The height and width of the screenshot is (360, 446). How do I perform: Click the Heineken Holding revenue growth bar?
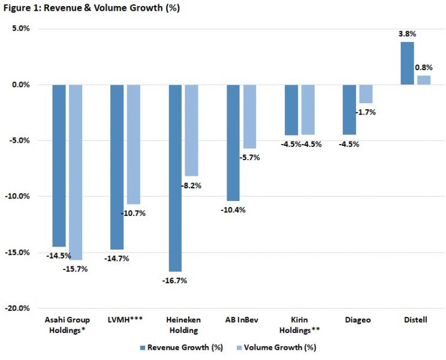point(175,178)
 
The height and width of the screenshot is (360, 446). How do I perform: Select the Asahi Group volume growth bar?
point(76,172)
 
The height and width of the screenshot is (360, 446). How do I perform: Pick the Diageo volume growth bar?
point(365,94)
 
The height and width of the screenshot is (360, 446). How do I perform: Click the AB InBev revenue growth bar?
point(233,142)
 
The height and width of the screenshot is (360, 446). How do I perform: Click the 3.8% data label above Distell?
point(407,34)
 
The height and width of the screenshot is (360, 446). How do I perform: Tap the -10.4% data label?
point(233,209)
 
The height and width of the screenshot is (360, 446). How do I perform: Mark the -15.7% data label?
point(76,269)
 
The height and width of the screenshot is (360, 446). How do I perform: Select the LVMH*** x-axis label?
point(125,320)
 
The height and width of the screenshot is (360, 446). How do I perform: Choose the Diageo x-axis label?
point(357,320)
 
